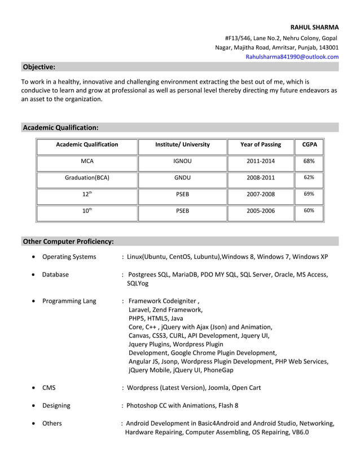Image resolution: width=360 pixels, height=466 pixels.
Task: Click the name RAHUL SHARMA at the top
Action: (314, 27)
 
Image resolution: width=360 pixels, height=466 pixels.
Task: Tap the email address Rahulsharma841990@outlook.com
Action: (292, 57)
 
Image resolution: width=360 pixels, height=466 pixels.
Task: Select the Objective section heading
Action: (39, 67)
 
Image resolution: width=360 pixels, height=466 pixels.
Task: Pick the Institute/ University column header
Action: (182, 145)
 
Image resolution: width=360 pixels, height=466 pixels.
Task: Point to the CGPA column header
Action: (309, 145)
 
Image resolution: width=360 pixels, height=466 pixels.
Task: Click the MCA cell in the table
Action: (87, 161)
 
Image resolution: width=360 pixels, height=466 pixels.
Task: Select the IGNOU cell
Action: (182, 161)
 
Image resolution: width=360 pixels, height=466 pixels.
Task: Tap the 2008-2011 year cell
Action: (260, 178)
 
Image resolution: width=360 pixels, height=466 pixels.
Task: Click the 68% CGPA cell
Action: (309, 161)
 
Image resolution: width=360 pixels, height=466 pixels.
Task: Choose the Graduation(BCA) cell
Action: (87, 178)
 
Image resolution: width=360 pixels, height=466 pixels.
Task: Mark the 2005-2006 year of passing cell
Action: (260, 211)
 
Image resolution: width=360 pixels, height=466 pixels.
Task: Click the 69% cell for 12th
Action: (309, 194)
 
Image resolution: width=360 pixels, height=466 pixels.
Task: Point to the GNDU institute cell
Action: (182, 178)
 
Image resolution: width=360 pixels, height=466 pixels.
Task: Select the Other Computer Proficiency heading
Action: (68, 241)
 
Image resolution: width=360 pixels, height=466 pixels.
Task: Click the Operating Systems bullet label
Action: (69, 257)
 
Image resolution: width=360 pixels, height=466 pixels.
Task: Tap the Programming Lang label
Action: (69, 301)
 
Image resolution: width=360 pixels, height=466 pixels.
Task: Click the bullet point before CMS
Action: (34, 388)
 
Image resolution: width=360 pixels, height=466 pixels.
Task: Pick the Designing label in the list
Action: (56, 406)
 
